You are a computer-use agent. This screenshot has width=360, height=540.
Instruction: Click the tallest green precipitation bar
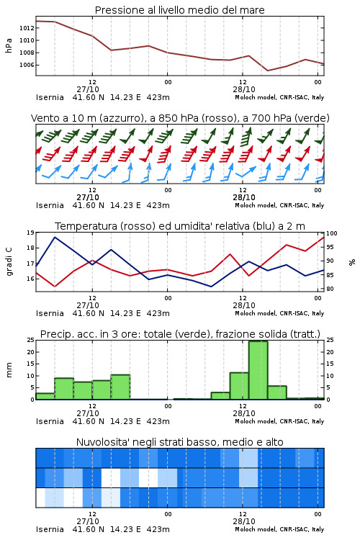point(258,370)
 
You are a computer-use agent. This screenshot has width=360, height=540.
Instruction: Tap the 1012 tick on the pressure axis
point(27,28)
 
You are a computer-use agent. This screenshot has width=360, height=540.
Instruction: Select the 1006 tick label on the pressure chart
point(27,65)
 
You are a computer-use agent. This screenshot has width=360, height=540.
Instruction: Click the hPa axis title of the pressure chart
point(9,45)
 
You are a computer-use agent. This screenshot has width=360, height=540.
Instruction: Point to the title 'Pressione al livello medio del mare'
point(180,10)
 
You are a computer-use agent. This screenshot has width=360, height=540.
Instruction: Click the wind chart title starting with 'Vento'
point(180,118)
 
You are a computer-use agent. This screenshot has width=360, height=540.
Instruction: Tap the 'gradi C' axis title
point(9,261)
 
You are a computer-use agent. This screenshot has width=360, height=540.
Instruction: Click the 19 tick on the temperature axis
point(30,233)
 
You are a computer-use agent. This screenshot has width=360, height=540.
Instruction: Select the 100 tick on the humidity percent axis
point(332,233)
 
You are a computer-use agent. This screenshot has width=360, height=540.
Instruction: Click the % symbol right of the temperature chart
point(352,262)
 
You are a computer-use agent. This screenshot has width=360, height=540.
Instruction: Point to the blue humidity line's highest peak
point(55,238)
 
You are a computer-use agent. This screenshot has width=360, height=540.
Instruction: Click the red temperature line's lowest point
point(55,286)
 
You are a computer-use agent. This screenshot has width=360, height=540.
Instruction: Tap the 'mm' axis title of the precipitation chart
point(9,369)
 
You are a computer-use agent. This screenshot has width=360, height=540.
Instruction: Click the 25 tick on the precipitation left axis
point(30,341)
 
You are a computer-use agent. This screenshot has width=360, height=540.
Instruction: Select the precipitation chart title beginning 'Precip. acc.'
point(180,334)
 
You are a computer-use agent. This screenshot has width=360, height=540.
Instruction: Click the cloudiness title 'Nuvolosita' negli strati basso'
point(180,442)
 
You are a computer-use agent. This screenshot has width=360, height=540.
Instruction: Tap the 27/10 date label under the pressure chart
point(88,89)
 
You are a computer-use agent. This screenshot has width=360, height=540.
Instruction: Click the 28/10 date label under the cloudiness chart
point(244,521)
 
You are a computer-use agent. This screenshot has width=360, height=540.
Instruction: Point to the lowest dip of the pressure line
point(268,71)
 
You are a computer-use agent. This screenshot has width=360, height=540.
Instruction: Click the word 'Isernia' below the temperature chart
point(50,313)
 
